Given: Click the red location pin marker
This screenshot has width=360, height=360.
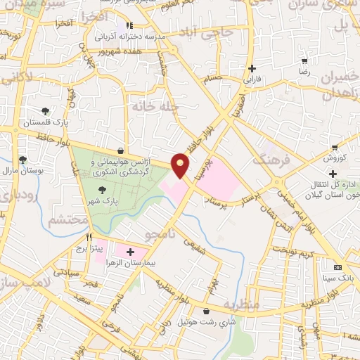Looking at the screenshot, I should coord(181,165).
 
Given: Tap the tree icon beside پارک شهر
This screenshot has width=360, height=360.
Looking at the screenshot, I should coord(103,190).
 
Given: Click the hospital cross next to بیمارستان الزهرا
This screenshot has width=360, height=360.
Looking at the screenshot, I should coord(131,251).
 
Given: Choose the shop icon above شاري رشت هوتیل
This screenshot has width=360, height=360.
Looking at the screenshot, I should coord(205,311).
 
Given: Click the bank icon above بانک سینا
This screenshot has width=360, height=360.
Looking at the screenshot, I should coord(337,267).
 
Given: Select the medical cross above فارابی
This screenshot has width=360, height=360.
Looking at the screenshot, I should coord(252,68).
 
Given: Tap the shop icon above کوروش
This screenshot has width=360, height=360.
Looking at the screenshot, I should coord(335,147).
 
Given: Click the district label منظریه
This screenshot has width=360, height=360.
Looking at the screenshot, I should coord(242,304).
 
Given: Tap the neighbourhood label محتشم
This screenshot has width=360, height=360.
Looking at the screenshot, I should coord(68,220).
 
